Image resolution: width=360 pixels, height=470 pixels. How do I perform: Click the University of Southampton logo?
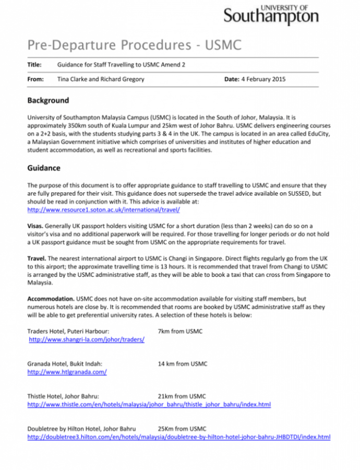point(271,14)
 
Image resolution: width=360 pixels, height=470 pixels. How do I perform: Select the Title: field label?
point(34,65)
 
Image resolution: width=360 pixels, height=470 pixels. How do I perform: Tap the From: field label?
point(35,79)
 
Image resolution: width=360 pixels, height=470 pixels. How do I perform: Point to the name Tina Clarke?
point(74,79)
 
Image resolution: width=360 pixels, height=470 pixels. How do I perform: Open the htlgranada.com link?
point(67,372)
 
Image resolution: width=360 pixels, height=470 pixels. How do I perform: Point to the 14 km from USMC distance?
point(182,363)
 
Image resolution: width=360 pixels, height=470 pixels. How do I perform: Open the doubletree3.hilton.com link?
point(178,437)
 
